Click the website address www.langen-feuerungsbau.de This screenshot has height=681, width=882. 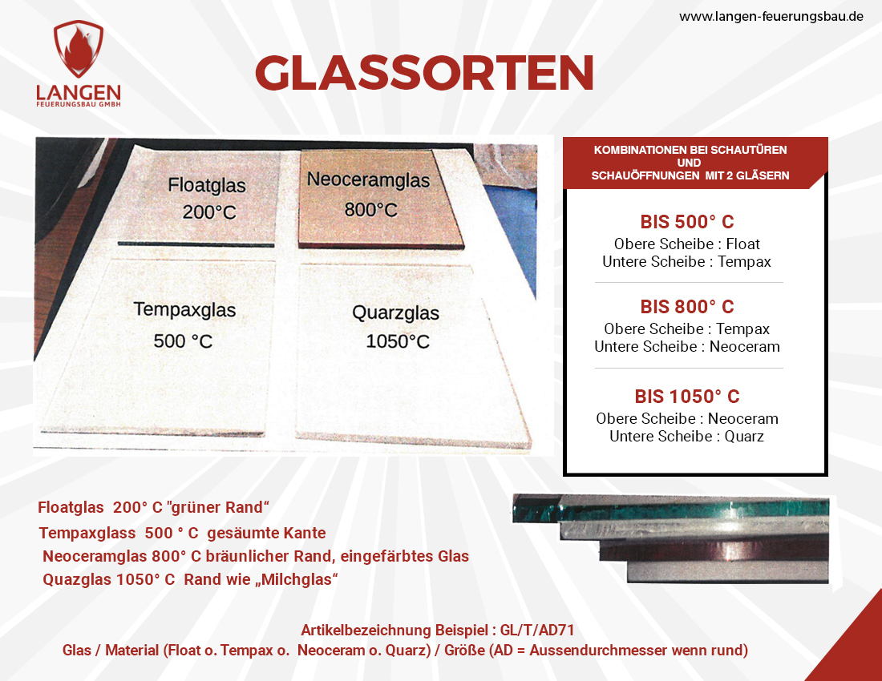coord(771,17)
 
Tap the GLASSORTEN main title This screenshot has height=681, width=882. coord(425,72)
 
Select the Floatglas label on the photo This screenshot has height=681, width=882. coord(206,185)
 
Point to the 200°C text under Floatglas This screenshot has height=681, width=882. coord(209,212)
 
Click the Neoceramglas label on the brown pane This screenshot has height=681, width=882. coord(369,179)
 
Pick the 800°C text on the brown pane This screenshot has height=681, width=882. coord(370,210)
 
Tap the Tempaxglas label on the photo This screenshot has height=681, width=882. coord(184,309)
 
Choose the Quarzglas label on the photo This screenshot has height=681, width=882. coord(395,312)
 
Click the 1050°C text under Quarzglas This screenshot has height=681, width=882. coord(398,341)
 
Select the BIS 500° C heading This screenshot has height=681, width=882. coord(687,222)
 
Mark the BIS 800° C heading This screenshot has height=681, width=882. coord(687,307)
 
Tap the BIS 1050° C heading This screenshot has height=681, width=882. coord(687,397)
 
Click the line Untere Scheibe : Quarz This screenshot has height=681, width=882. coord(687,437)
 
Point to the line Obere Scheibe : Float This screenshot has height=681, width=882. coord(687,244)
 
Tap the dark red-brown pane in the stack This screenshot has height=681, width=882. coord(714,550)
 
